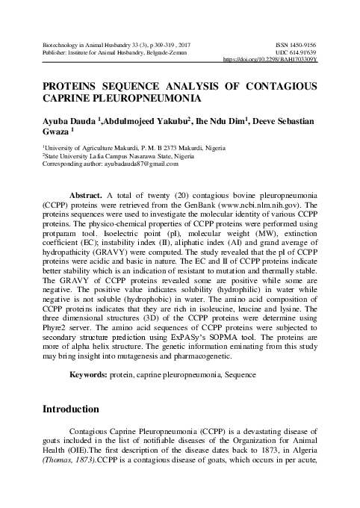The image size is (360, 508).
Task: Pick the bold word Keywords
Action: [89, 374]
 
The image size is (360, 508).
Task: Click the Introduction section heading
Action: [71, 409]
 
